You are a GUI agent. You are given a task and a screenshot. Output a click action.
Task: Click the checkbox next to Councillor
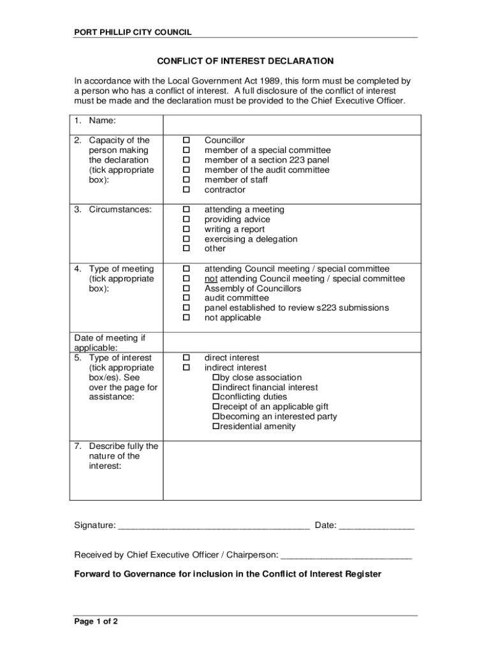pyautogui.click(x=187, y=140)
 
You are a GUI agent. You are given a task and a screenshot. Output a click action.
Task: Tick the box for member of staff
pyautogui.click(x=187, y=180)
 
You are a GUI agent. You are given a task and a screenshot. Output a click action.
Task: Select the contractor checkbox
pyautogui.click(x=187, y=190)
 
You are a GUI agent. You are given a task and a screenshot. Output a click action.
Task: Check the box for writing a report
pyautogui.click(x=187, y=230)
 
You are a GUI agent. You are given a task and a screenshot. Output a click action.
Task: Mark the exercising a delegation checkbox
pyautogui.click(x=187, y=239)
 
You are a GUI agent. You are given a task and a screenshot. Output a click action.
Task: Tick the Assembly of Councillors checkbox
pyautogui.click(x=187, y=288)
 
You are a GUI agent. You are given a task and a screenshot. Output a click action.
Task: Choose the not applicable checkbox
pyautogui.click(x=187, y=318)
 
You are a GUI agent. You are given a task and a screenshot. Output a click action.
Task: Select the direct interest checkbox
pyautogui.click(x=187, y=358)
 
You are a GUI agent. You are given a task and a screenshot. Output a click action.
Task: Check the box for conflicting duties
pyautogui.click(x=216, y=397)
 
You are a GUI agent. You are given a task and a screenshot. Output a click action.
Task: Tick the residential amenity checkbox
pyautogui.click(x=216, y=427)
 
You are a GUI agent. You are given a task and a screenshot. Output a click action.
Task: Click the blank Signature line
pyautogui.click(x=214, y=525)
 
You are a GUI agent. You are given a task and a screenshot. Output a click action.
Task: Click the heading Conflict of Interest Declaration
pyautogui.click(x=246, y=61)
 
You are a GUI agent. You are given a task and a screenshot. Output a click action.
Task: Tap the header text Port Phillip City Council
pyautogui.click(x=133, y=32)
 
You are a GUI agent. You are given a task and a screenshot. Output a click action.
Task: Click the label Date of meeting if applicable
pyautogui.click(x=105, y=343)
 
